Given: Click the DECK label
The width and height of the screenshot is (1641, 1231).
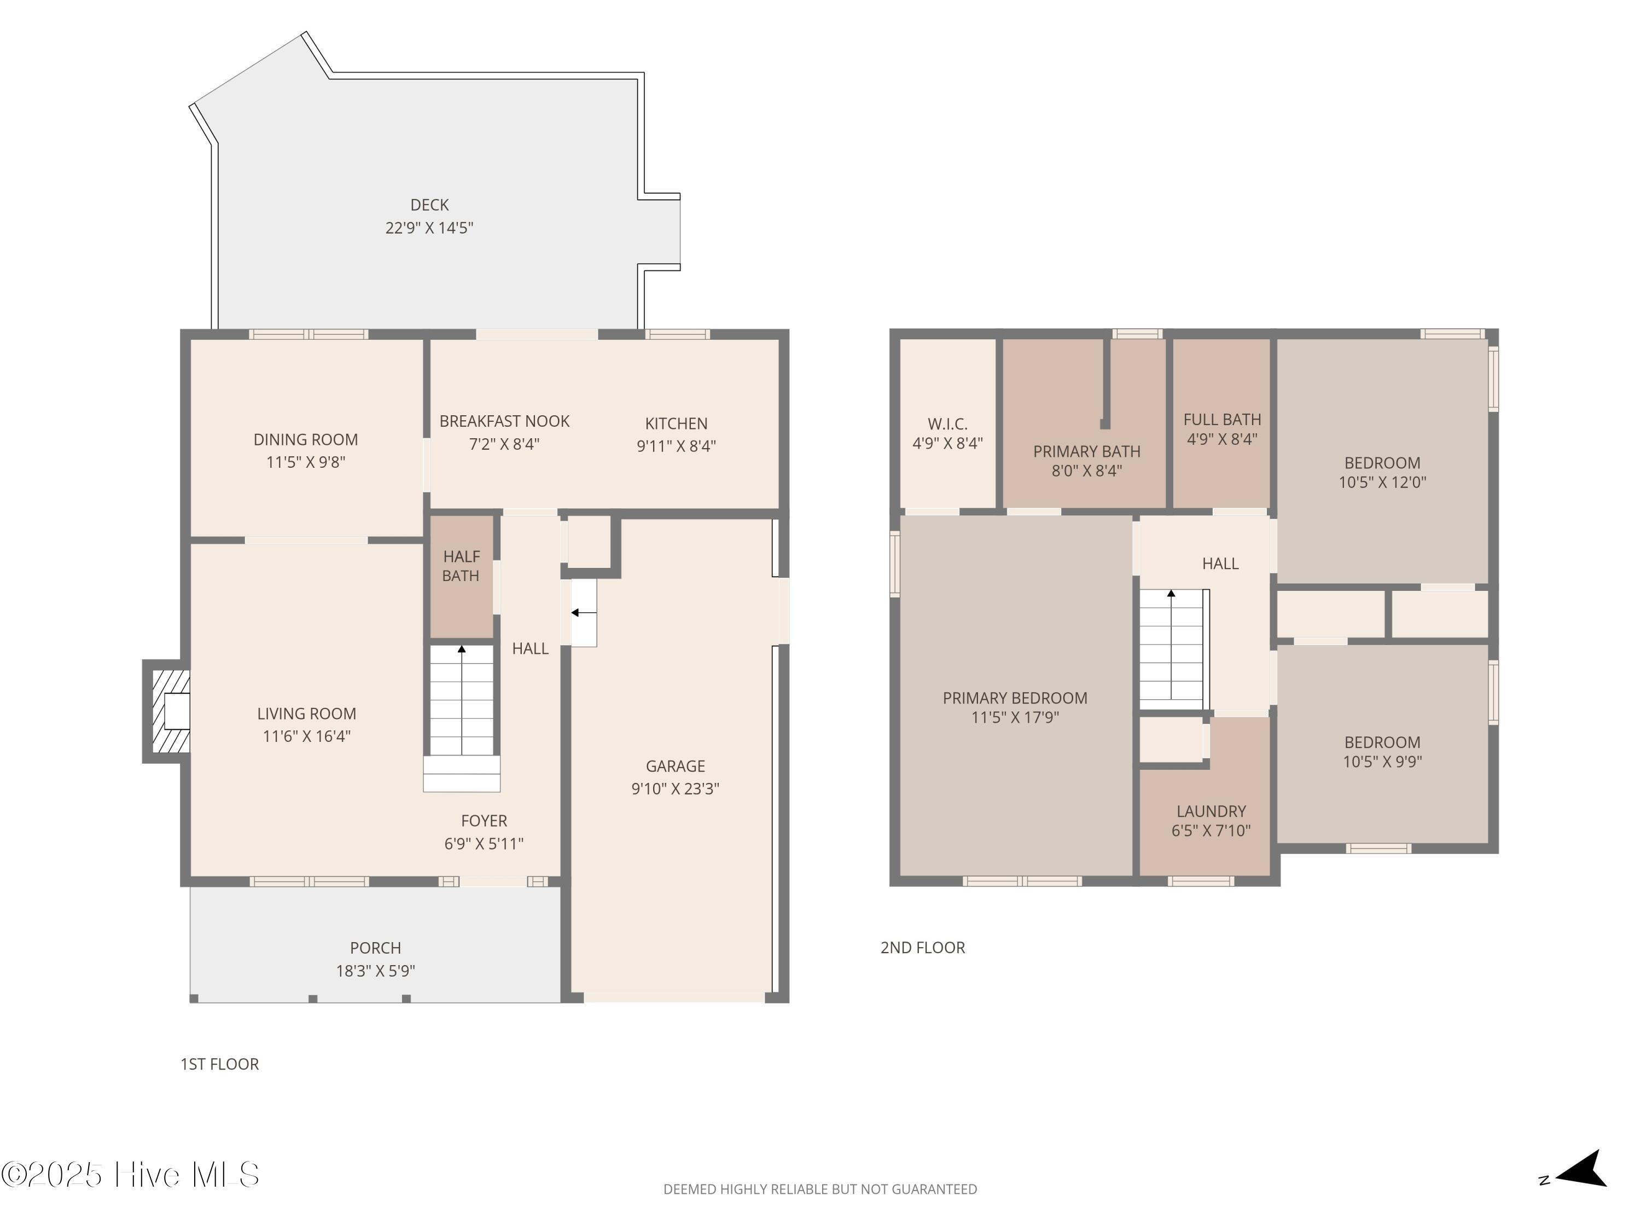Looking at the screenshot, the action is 429,205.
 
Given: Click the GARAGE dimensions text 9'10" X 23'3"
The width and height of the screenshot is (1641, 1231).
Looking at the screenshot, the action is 675,789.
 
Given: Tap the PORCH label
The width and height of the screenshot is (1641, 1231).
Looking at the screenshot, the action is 375,948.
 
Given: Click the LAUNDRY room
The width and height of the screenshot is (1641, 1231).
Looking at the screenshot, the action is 1206,798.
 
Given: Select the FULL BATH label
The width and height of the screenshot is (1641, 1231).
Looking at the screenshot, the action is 1222,420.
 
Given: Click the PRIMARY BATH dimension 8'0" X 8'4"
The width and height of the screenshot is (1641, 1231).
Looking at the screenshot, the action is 1087,471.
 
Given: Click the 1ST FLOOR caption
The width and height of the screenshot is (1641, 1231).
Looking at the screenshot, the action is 219,1064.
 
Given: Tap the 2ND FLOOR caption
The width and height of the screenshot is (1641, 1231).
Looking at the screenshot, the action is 923,948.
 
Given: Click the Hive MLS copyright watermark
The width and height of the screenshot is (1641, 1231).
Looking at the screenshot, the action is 130,1175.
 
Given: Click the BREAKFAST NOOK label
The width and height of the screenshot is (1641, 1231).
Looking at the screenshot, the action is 504,421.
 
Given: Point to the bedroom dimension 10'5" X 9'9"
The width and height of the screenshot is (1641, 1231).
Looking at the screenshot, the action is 1382,762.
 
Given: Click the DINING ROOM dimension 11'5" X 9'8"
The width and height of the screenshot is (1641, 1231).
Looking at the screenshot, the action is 306,462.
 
